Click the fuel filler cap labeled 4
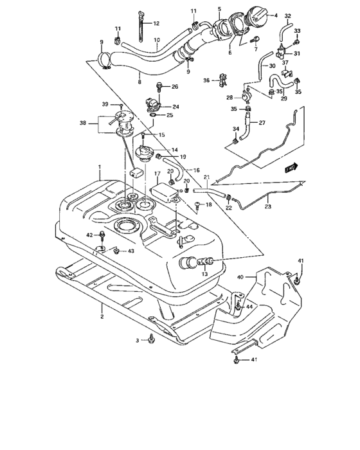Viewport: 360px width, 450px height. (256, 18)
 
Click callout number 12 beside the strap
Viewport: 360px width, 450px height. (156, 24)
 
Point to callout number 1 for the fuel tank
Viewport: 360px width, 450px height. (100, 166)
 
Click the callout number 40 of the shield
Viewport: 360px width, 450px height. (240, 277)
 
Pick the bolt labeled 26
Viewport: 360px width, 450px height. (159, 87)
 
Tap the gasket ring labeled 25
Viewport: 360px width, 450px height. (153, 115)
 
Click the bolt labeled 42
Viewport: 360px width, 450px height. (102, 236)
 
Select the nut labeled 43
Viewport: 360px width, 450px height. (116, 251)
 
